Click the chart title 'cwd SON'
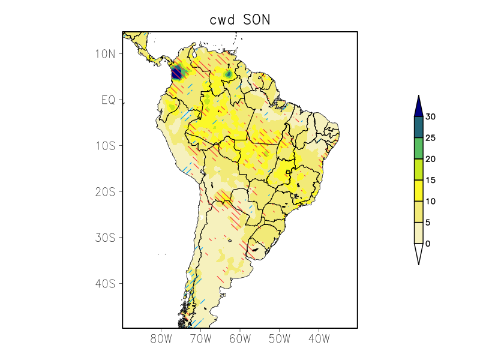pyautogui.click(x=240, y=19)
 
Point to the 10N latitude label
pyautogui.click(x=105, y=53)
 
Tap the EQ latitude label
pyautogui.click(x=108, y=100)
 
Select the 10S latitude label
pyautogui.click(x=105, y=146)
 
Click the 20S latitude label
pyautogui.click(x=105, y=191)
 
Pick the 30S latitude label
pyautogui.click(x=105, y=238)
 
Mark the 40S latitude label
pyautogui.click(x=105, y=283)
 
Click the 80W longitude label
pyautogui.click(x=161, y=338)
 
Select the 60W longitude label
pyautogui.click(x=240, y=338)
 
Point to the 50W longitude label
pyautogui.click(x=279, y=338)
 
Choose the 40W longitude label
pyautogui.click(x=319, y=338)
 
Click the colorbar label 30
pyautogui.click(x=430, y=117)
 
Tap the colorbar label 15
pyautogui.click(x=430, y=180)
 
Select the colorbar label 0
pyautogui.click(x=428, y=244)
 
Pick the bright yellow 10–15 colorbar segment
pyautogui.click(x=419, y=191)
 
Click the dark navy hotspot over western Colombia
pyautogui.click(x=176, y=74)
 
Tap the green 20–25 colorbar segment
pyautogui.click(x=419, y=148)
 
